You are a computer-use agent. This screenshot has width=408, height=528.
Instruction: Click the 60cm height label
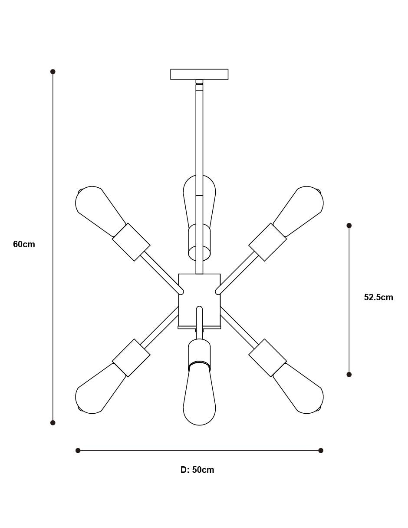[24, 244]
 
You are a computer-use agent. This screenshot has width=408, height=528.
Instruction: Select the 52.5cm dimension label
[378, 297]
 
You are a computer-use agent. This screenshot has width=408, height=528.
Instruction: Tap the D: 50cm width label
[197, 470]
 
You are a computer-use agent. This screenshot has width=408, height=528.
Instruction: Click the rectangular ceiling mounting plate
[199, 74]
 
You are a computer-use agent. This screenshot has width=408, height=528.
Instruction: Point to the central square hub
[199, 301]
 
